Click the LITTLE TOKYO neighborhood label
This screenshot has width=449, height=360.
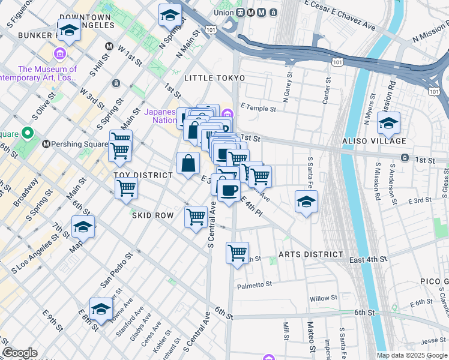click(x=215, y=79)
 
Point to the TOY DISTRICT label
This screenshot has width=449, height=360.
click(x=143, y=175)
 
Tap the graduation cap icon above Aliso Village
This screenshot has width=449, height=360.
click(x=388, y=124)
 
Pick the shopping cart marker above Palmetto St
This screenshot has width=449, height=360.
click(x=238, y=252)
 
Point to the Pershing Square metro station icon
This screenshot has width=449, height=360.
click(x=46, y=145)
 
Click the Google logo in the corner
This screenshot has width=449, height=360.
click(x=19, y=353)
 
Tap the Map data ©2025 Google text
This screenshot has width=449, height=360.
click(x=412, y=355)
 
